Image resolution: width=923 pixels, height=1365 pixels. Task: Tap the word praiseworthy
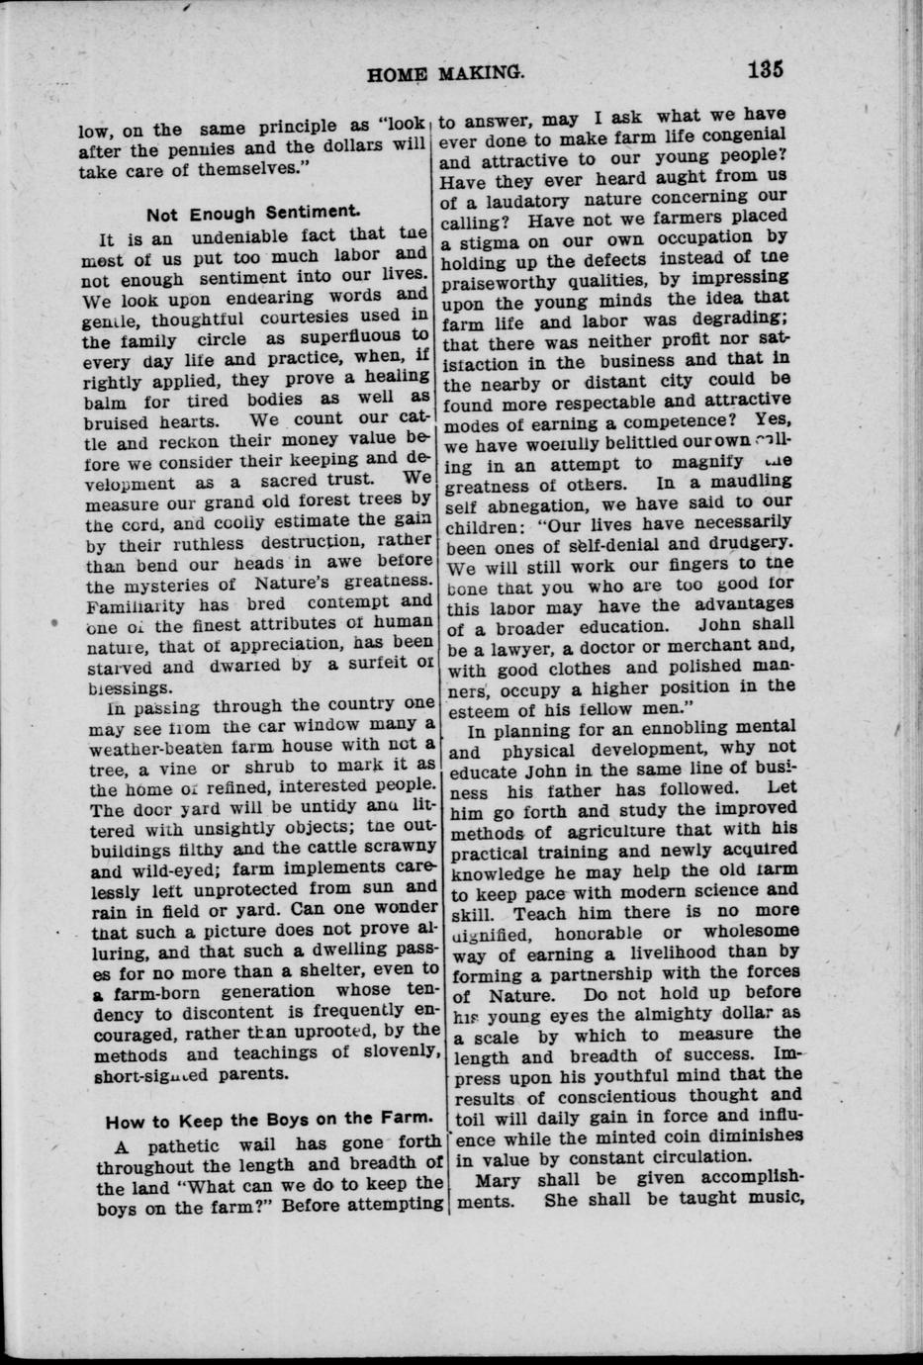coord(499,282)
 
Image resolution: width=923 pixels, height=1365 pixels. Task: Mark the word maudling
coord(751,481)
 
